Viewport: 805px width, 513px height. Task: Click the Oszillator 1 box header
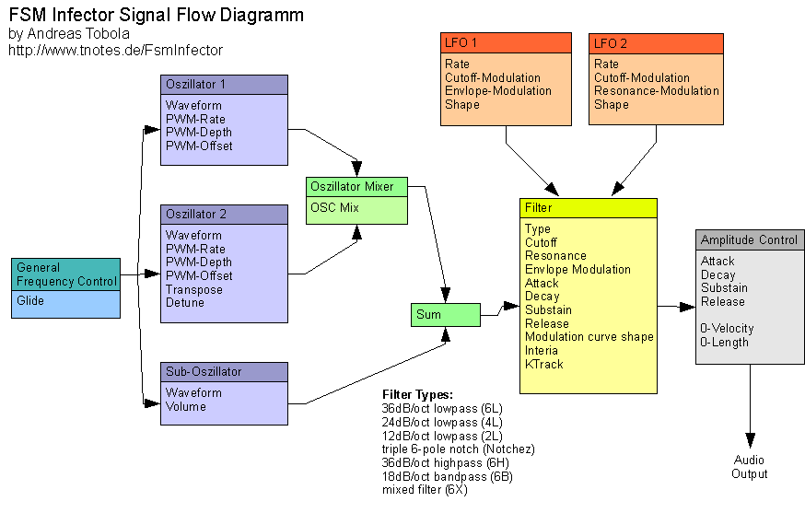(224, 84)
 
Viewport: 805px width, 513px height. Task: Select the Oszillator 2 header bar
(224, 214)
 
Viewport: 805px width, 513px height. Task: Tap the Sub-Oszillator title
(224, 371)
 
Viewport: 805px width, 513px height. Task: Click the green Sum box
(446, 315)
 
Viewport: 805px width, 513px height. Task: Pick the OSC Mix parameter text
(334, 207)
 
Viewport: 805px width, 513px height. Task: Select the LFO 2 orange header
(656, 43)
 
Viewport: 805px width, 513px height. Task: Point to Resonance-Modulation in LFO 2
(656, 91)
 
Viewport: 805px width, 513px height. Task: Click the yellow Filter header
(588, 207)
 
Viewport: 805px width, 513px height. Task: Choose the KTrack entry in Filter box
(543, 364)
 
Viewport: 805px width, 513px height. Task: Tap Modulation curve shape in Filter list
(589, 337)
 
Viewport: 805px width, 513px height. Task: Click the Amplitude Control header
(749, 239)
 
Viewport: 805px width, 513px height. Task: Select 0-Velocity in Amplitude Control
(727, 329)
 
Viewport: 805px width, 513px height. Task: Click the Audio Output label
(749, 467)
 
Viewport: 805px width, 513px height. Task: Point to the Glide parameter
(30, 301)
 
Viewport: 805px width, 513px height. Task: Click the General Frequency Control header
(66, 274)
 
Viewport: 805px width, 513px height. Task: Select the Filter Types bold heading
(417, 395)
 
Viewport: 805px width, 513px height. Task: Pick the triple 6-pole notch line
(458, 449)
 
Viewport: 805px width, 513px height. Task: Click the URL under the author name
(115, 51)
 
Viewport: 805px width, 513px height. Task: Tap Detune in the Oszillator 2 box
(185, 303)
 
